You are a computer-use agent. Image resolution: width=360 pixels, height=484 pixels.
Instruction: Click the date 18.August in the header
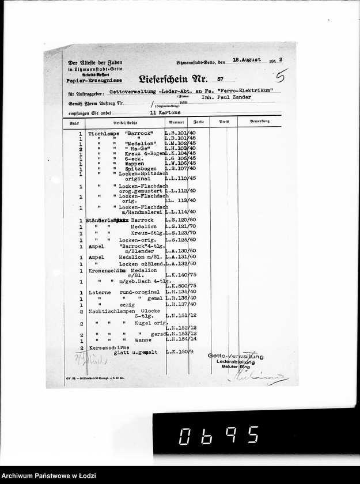point(247,59)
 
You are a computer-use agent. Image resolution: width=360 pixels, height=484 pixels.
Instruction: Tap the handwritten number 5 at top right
point(282,75)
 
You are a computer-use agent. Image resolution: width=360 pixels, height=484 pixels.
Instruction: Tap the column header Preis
point(223,123)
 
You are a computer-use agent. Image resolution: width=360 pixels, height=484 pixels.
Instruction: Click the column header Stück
point(74,123)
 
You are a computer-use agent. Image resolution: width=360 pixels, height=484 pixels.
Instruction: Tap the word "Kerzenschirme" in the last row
point(108,348)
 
